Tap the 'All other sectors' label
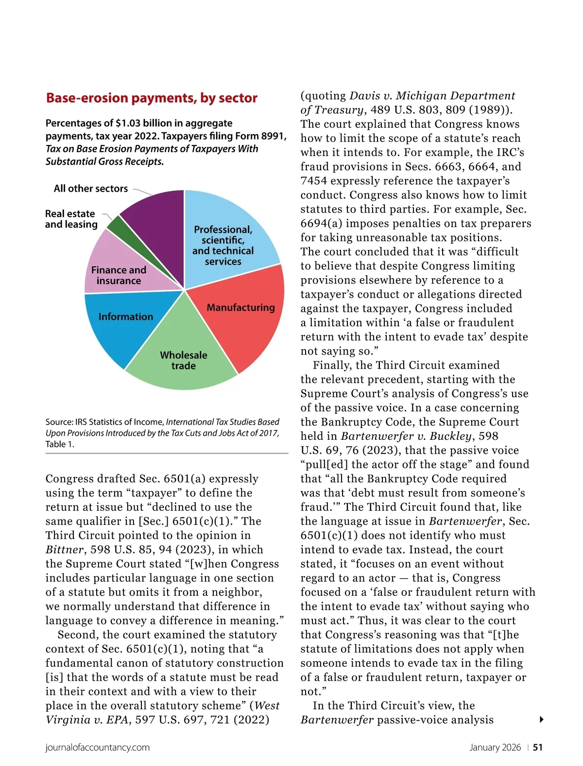pos(91,189)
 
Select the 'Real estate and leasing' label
pos(71,219)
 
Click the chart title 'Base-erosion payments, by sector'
pos(152,98)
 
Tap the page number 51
pos(538,748)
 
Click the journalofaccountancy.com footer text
pos(98,748)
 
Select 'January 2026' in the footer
pos(495,748)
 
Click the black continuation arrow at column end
pos(542,719)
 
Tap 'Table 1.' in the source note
pos(60,444)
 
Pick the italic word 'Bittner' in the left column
pos(65,550)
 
